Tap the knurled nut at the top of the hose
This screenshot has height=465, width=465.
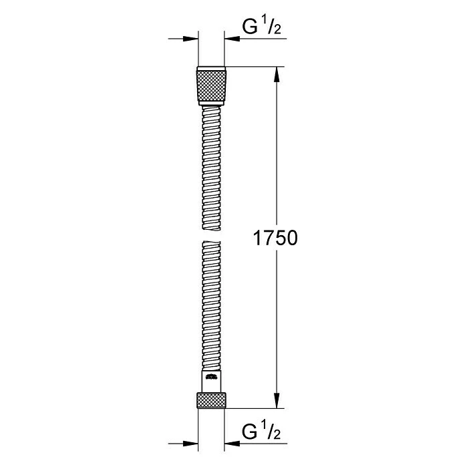pyautogui.click(x=212, y=86)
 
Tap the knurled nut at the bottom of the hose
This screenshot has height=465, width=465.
pyautogui.click(x=212, y=400)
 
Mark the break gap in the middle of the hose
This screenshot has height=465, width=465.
pyautogui.click(x=212, y=236)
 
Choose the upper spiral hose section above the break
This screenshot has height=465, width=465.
pyautogui.click(x=212, y=167)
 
